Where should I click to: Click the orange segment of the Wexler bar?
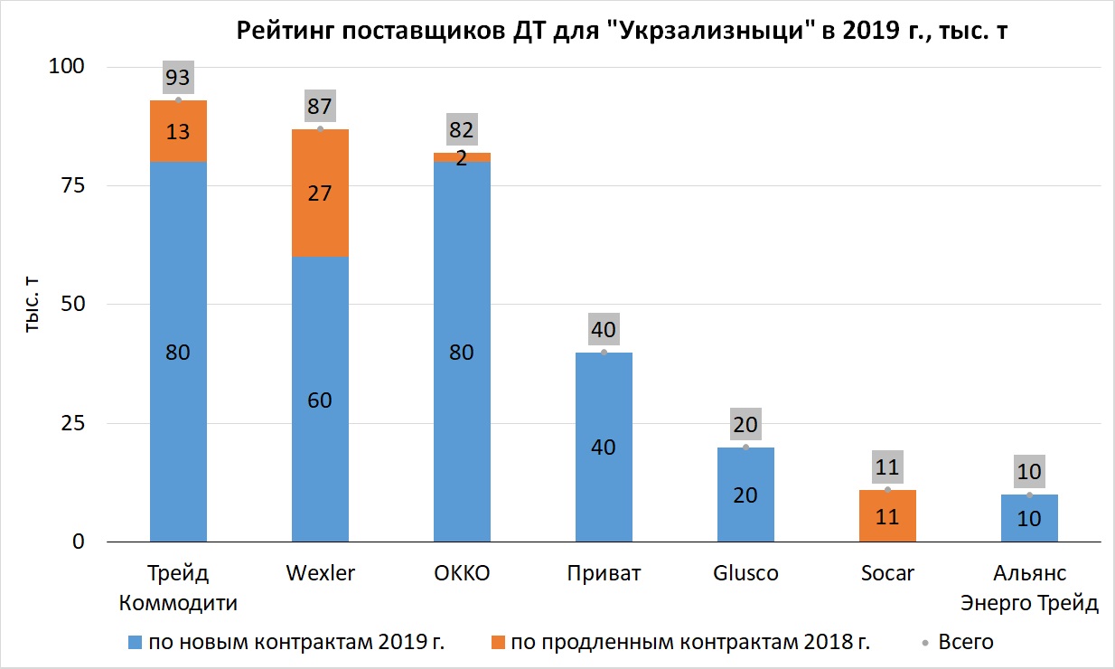(x=320, y=193)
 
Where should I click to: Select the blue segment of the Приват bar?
(x=604, y=447)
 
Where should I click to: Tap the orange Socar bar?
(x=887, y=515)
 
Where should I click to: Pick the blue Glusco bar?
(x=745, y=495)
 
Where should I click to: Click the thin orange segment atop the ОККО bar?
(x=462, y=157)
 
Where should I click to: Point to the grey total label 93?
(x=178, y=77)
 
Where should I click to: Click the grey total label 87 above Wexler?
(x=320, y=106)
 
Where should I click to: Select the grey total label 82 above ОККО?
(x=462, y=129)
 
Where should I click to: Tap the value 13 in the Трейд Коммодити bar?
(x=178, y=132)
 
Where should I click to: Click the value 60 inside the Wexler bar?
(x=320, y=400)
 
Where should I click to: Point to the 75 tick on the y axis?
(x=73, y=185)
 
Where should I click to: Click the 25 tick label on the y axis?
(x=73, y=423)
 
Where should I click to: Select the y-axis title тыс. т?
(x=32, y=305)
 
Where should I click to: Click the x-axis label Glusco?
(x=745, y=573)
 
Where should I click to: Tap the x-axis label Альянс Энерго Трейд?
(x=1029, y=588)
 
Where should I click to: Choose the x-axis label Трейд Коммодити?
(x=178, y=588)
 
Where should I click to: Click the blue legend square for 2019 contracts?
(x=135, y=642)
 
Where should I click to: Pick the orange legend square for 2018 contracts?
(x=498, y=642)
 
